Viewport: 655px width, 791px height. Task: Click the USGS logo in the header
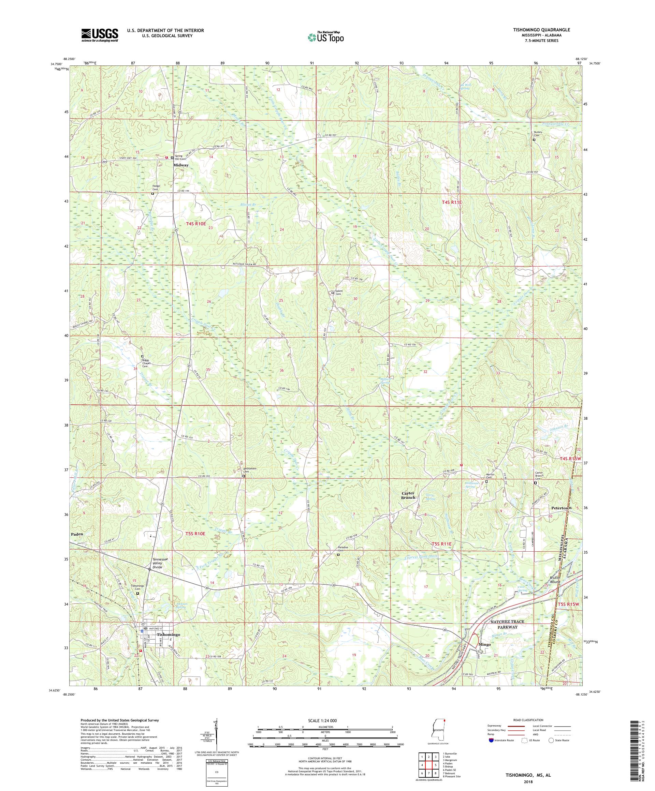100,35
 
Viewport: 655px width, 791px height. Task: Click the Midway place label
180,165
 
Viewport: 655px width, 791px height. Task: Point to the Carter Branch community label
408,495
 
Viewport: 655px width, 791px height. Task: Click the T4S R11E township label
451,203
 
